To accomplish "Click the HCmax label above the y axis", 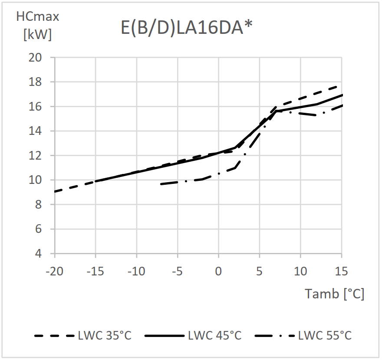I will pos(37,17).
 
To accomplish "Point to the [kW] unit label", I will pos(37,35).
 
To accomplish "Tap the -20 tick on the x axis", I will pos(54,272).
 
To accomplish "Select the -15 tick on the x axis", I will pos(95,272).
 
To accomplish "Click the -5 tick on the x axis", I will pos(178,272).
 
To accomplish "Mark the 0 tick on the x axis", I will pos(218,272).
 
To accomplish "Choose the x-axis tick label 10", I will pos(300,272).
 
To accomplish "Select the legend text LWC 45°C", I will pos(214,336).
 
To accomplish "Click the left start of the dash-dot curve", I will pos(161,184).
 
